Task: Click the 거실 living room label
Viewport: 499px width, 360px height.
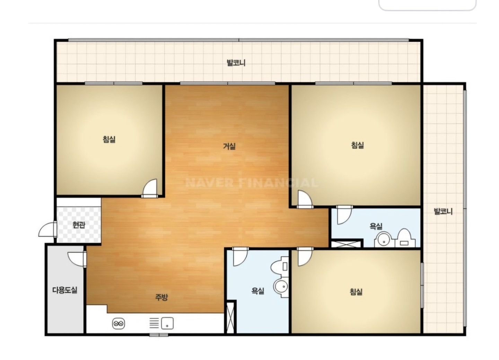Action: click(229, 146)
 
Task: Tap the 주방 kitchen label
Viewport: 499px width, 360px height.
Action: click(161, 297)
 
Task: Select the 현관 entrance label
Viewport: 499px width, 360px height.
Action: click(79, 225)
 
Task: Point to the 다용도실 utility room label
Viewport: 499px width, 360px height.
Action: click(65, 290)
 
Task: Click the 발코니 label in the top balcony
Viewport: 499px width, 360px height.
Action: click(236, 63)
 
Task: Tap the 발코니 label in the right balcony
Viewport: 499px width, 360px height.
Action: click(443, 211)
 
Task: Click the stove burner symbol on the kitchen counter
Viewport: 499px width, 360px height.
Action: click(119, 324)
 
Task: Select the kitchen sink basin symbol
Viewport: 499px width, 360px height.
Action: click(167, 323)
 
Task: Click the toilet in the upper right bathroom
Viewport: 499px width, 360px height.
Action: click(405, 238)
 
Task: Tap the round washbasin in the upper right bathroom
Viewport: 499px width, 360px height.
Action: click(383, 240)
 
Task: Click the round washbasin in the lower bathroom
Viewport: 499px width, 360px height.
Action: click(281, 287)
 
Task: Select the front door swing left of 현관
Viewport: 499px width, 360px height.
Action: click(47, 229)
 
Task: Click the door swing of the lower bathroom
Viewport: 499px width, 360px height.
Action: click(240, 257)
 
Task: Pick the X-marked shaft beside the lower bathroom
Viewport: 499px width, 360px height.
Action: click(230, 317)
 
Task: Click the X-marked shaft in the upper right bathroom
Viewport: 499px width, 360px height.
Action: click(346, 244)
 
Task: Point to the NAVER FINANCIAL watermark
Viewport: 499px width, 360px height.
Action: click(252, 183)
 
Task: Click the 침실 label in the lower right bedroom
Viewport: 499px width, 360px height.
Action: click(356, 292)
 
